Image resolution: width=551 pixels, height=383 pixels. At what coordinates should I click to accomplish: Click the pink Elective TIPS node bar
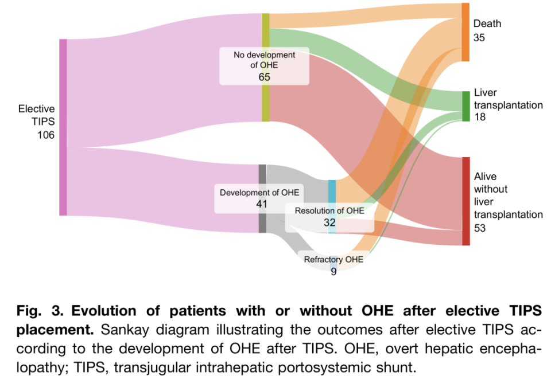(x=63, y=127)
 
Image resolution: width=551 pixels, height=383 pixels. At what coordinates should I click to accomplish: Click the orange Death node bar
(x=465, y=32)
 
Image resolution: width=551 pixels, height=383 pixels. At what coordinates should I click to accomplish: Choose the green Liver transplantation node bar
(x=465, y=105)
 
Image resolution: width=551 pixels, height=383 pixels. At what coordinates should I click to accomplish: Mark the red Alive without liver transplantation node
(x=465, y=201)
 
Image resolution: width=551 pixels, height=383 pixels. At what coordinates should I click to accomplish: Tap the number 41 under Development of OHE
(x=262, y=204)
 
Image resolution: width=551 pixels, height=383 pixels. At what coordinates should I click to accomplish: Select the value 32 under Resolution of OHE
(x=329, y=222)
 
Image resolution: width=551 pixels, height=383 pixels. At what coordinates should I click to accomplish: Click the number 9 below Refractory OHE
(x=333, y=272)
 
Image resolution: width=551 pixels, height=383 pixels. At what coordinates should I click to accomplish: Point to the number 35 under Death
(x=479, y=37)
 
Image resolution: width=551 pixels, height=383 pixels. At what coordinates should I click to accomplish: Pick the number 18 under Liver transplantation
(x=479, y=117)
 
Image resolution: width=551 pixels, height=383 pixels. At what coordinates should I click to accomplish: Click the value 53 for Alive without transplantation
(x=480, y=228)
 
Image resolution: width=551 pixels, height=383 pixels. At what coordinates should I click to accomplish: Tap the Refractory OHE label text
(x=333, y=260)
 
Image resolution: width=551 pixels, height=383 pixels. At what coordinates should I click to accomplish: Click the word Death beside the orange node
(x=487, y=24)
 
